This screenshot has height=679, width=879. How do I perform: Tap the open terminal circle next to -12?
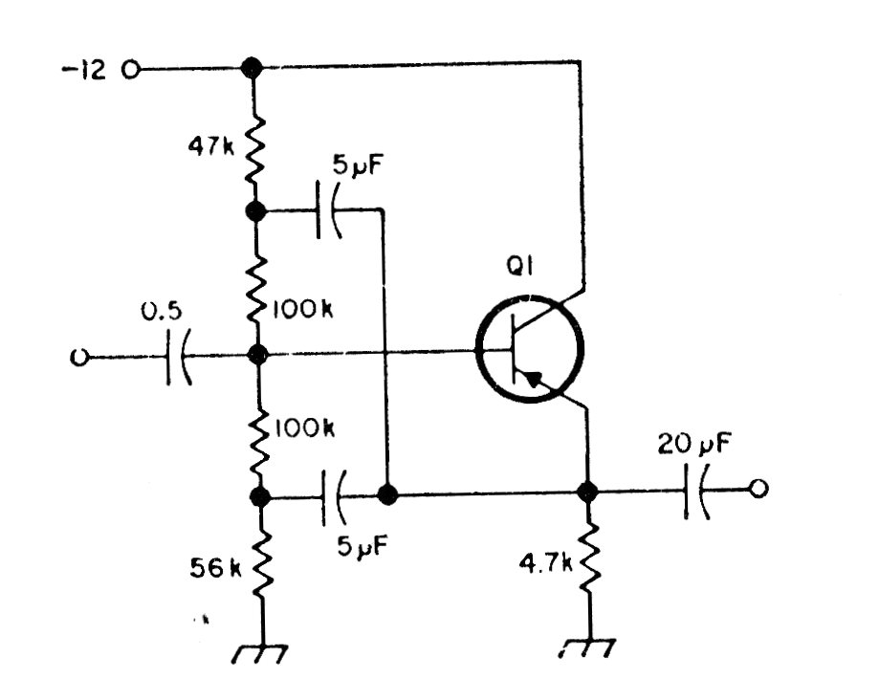132,69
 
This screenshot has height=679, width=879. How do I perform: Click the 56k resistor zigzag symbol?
256,564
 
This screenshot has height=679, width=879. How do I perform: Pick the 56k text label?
216,568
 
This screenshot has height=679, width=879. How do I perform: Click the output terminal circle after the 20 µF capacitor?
758,491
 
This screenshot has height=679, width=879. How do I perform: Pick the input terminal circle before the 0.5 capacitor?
78,357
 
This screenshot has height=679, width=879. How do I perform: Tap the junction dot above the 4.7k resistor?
587,493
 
